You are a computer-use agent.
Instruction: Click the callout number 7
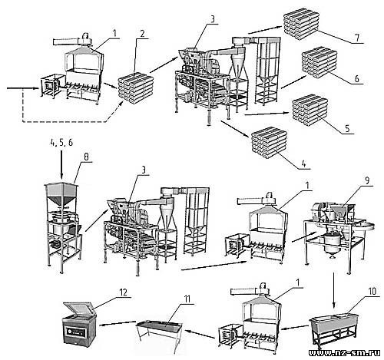click(x=357, y=38)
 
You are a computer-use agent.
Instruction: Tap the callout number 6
click(x=357, y=79)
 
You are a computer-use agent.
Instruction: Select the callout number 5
click(x=347, y=128)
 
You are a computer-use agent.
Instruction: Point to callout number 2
click(x=143, y=33)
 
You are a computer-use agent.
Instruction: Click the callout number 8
click(x=86, y=157)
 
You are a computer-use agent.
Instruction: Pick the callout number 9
click(x=367, y=180)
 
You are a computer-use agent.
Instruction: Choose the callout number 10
click(x=372, y=291)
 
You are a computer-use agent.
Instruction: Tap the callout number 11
click(x=187, y=299)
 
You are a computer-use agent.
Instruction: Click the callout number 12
click(x=124, y=292)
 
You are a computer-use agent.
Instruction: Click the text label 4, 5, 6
click(x=61, y=143)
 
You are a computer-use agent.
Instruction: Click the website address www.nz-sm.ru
click(x=345, y=353)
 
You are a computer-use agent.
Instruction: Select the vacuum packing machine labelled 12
click(x=79, y=323)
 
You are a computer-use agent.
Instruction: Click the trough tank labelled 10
click(x=333, y=331)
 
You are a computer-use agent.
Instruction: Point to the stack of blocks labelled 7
click(x=301, y=24)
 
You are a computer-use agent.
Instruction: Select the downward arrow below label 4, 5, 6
click(x=61, y=164)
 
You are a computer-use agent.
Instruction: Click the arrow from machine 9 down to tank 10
click(x=333, y=290)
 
